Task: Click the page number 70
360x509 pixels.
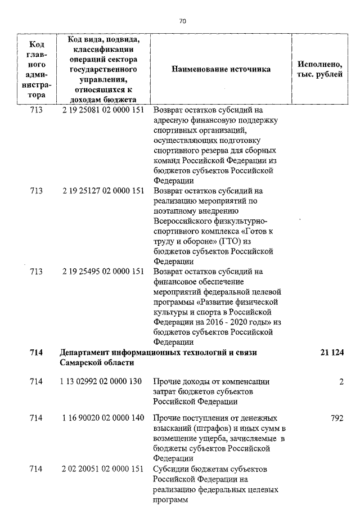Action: pyautogui.click(x=182, y=21)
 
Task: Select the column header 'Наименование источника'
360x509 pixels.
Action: pyautogui.click(x=221, y=69)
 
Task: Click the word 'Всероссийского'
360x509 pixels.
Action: pyautogui.click(x=184, y=221)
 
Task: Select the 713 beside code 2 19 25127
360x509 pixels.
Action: pyautogui.click(x=36, y=191)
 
